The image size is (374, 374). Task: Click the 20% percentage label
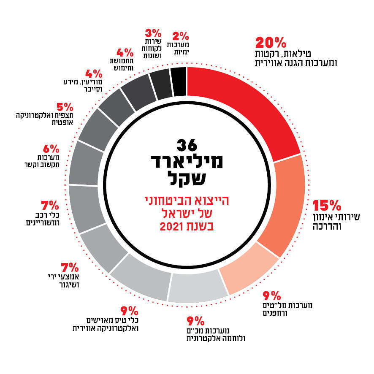click(x=271, y=43)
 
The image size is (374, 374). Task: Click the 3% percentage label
click(x=153, y=33)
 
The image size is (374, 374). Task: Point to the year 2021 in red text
click(x=187, y=227)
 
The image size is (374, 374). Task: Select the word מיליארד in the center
click(x=187, y=161)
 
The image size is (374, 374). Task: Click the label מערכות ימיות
click(x=178, y=48)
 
